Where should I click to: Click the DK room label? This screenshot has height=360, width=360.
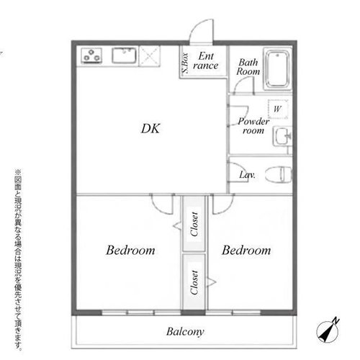click(x=150, y=129)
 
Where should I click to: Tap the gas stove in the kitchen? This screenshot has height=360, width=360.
click(x=91, y=55)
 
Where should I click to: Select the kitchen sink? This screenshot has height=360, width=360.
click(x=125, y=55)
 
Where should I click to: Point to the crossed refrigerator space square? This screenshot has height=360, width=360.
click(x=149, y=56)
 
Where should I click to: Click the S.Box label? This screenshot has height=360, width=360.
click(x=185, y=63)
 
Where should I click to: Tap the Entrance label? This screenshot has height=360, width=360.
click(x=205, y=60)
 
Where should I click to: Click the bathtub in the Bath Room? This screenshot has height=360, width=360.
click(x=278, y=69)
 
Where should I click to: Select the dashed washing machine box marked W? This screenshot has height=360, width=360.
click(x=278, y=109)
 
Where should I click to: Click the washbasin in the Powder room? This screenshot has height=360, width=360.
click(x=282, y=136)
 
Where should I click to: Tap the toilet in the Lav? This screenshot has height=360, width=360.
click(x=279, y=174)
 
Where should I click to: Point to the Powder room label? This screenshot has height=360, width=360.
click(x=253, y=126)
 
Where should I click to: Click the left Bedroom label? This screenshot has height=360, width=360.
click(x=130, y=251)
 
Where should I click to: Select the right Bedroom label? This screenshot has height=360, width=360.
click(x=246, y=251)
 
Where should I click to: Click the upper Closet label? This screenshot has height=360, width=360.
click(x=194, y=224)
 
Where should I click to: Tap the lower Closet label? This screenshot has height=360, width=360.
click(x=194, y=282)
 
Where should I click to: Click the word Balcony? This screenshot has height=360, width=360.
click(x=185, y=332)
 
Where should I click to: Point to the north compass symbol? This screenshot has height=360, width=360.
click(x=328, y=330)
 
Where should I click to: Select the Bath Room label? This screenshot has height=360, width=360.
click(x=248, y=67)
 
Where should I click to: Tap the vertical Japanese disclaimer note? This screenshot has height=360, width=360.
click(x=18, y=260)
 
